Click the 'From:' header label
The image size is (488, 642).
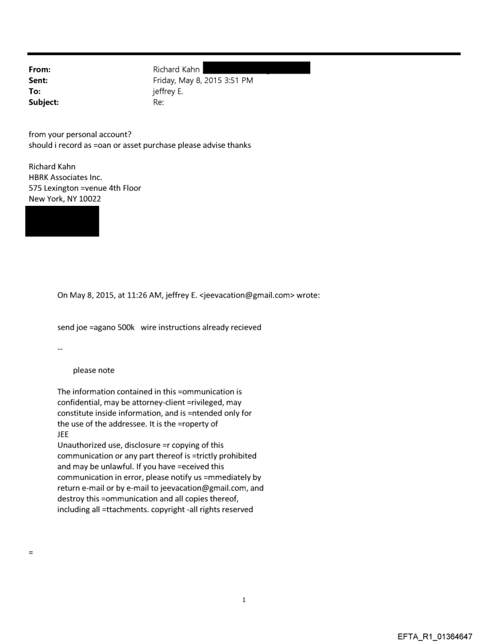(39, 69)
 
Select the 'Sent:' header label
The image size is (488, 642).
(38, 80)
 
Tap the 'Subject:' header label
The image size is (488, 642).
(44, 102)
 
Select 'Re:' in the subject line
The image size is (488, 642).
(158, 102)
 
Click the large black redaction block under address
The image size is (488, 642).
(62, 221)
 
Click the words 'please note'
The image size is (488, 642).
(93, 370)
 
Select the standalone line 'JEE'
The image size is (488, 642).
(63, 435)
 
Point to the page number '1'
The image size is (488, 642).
(244, 600)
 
